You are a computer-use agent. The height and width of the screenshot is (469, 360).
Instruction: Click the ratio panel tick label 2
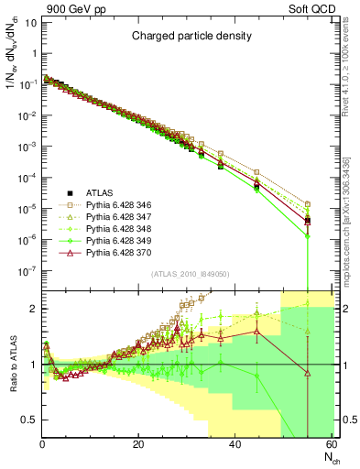tap(33, 309)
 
